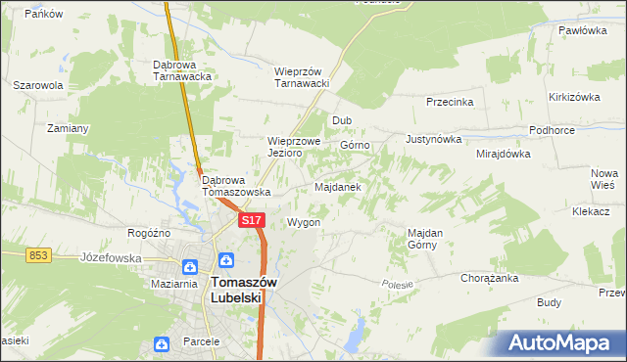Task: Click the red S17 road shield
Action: (x=252, y=221)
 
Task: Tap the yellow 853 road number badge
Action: (x=38, y=254)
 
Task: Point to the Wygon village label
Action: (x=304, y=222)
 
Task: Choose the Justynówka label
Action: (x=432, y=139)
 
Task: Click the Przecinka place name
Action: (x=451, y=102)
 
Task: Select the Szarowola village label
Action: (x=38, y=85)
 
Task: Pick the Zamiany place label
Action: (x=69, y=128)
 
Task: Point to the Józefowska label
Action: (x=107, y=259)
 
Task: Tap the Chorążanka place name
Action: (x=490, y=278)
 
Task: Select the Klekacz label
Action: (x=592, y=211)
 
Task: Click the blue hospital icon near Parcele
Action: (x=161, y=343)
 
